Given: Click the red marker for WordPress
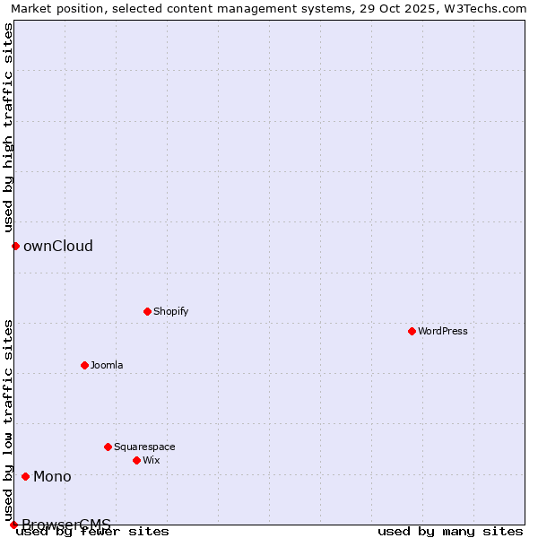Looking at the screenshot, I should [x=412, y=331].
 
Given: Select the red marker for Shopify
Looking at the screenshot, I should [x=147, y=311].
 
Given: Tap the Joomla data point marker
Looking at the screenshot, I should [x=84, y=365].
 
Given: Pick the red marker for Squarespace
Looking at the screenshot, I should [x=108, y=447].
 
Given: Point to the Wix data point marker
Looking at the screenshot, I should [x=136, y=460].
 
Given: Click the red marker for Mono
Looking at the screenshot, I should [x=25, y=476].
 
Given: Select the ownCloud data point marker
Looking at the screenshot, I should [x=15, y=246].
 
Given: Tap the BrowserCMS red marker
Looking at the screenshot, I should [x=13, y=525].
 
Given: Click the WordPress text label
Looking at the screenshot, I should [x=442, y=331].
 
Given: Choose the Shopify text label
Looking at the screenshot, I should [x=170, y=311].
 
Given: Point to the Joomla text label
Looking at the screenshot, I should [x=107, y=365].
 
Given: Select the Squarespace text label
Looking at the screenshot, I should [x=144, y=447].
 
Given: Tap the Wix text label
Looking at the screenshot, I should [x=151, y=460].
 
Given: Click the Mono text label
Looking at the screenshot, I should [x=52, y=476].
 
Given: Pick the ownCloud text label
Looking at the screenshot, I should [x=58, y=246].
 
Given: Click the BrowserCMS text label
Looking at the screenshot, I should [x=66, y=525].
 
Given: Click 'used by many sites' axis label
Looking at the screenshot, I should [x=450, y=531].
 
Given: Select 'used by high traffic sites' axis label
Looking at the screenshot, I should [x=8, y=127].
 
